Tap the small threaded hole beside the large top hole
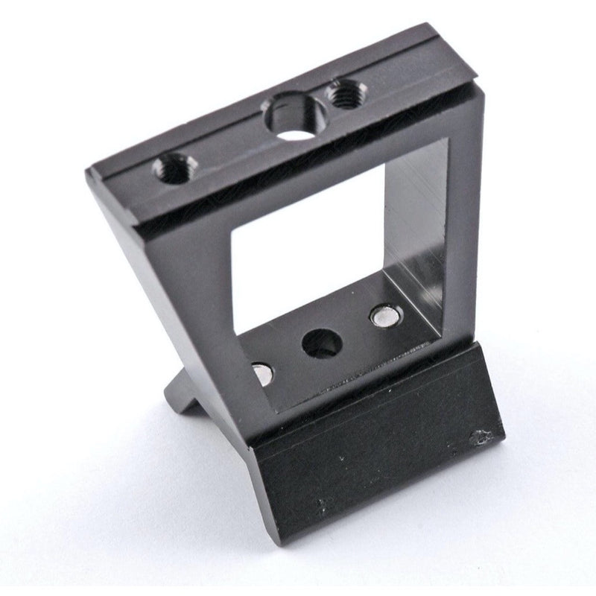tap(344, 95)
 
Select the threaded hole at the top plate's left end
tap(174, 169)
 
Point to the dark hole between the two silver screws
tap(322, 343)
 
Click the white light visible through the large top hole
tap(297, 134)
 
